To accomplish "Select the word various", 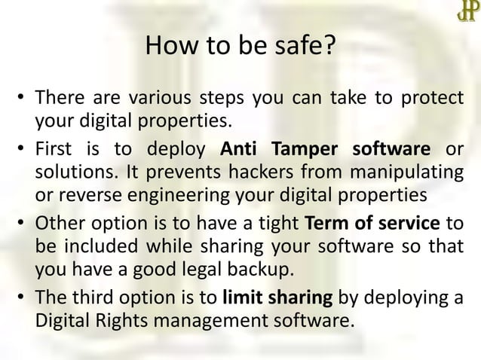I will pyautogui.click(x=159, y=99).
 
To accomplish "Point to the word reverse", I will pyautogui.click(x=84, y=194).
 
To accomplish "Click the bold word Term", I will pyautogui.click(x=325, y=223).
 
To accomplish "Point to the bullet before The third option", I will pyautogui.click(x=23, y=297).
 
